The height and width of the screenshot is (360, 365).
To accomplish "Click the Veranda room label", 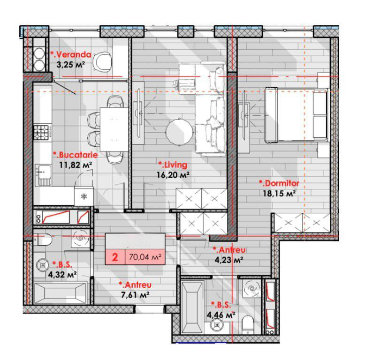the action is [71, 54].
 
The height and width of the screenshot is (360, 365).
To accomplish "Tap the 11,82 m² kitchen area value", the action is [76, 165].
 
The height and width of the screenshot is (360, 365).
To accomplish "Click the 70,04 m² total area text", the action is [145, 257].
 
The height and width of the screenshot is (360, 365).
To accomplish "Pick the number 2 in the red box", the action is [115, 257].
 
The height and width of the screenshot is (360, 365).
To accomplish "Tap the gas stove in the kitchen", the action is [43, 132].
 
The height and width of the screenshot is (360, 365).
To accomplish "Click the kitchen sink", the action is [43, 175].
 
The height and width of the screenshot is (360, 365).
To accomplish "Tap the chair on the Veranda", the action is [102, 61].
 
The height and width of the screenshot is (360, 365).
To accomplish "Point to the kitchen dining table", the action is [114, 129].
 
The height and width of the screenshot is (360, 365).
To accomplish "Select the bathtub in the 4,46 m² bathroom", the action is [192, 307].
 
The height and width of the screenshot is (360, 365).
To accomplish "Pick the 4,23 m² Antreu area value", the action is [229, 260].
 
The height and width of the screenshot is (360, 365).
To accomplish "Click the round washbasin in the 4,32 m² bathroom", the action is [43, 265].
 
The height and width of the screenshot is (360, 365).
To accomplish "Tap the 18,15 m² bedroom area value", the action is [279, 193].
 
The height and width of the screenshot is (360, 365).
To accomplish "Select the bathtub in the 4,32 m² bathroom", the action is [61, 293].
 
